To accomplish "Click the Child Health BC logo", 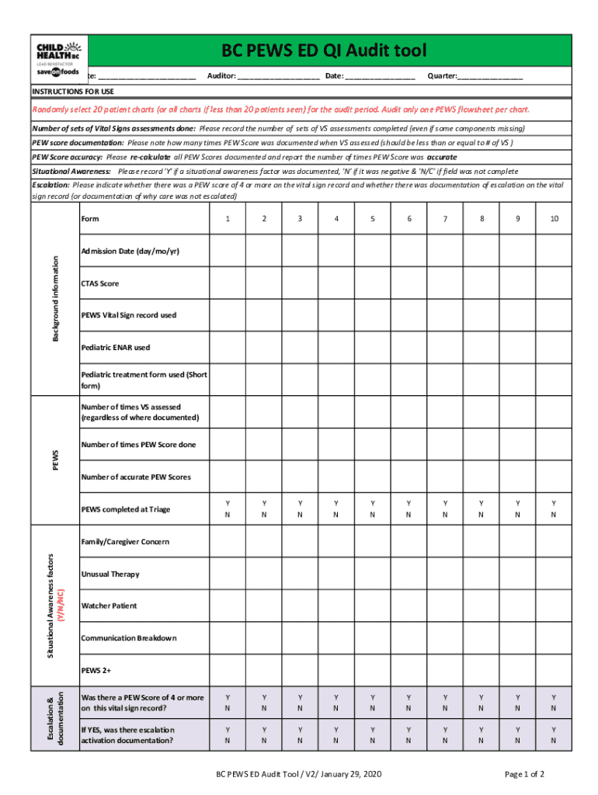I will coord(58,59).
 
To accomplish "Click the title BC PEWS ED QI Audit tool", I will coord(324,51).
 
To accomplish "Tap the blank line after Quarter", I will coord(490,77).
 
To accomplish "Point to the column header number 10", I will coord(554,219).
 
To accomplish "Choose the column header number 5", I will coord(372,219).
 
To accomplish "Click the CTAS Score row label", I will coord(100,283).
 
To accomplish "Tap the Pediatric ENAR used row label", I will coord(116,347).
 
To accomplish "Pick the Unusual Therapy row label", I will coord(110,574).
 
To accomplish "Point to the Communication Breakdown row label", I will coord(129,638).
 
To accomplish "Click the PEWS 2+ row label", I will coord(96,669).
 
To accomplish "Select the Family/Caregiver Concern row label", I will coord(125,542).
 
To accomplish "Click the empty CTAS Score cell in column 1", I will coord(227,283).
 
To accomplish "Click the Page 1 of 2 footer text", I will coord(524,774).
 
